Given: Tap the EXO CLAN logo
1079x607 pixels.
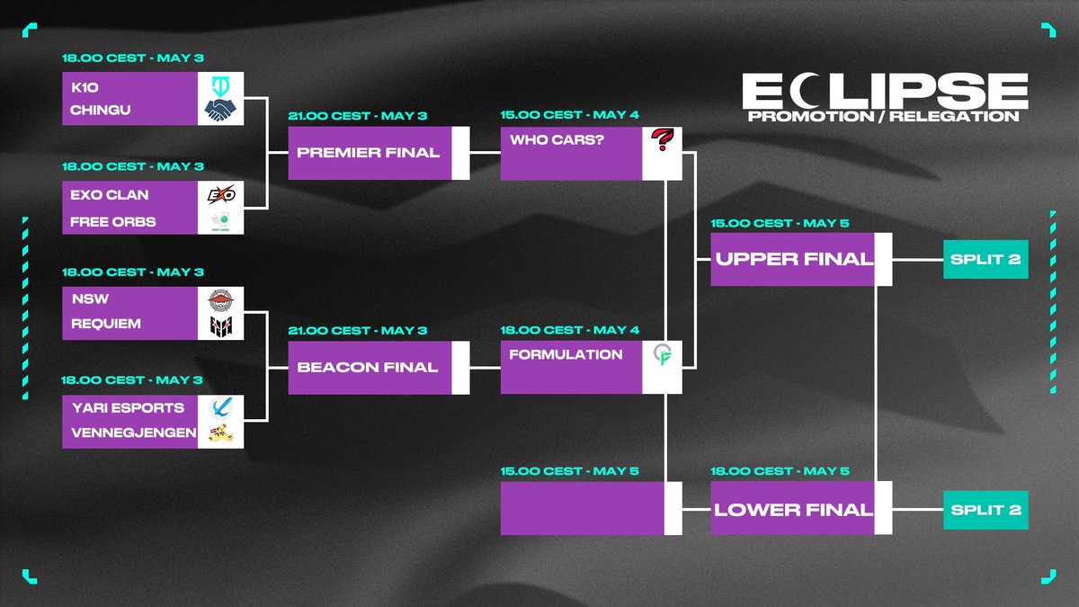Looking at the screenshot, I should pyautogui.click(x=220, y=194).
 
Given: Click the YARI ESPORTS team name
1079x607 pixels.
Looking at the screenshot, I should pyautogui.click(x=128, y=407).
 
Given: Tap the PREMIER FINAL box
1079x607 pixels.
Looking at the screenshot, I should pyautogui.click(x=369, y=153).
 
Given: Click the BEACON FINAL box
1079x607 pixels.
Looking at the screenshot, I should pyautogui.click(x=369, y=367).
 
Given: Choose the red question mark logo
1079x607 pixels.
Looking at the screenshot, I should pyautogui.click(x=662, y=141).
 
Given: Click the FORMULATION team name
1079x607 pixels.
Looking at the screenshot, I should pyautogui.click(x=566, y=354).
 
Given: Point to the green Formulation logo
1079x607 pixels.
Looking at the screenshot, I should pyautogui.click(x=663, y=356).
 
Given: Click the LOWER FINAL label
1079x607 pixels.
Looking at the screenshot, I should pyautogui.click(x=793, y=509).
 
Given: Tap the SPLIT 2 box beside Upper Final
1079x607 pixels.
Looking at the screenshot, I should pyautogui.click(x=985, y=259).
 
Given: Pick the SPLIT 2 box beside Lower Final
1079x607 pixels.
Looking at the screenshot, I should pyautogui.click(x=985, y=509).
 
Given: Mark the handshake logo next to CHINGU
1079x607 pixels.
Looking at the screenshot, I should pyautogui.click(x=220, y=111).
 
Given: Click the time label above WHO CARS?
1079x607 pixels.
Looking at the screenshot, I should pyautogui.click(x=569, y=116).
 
